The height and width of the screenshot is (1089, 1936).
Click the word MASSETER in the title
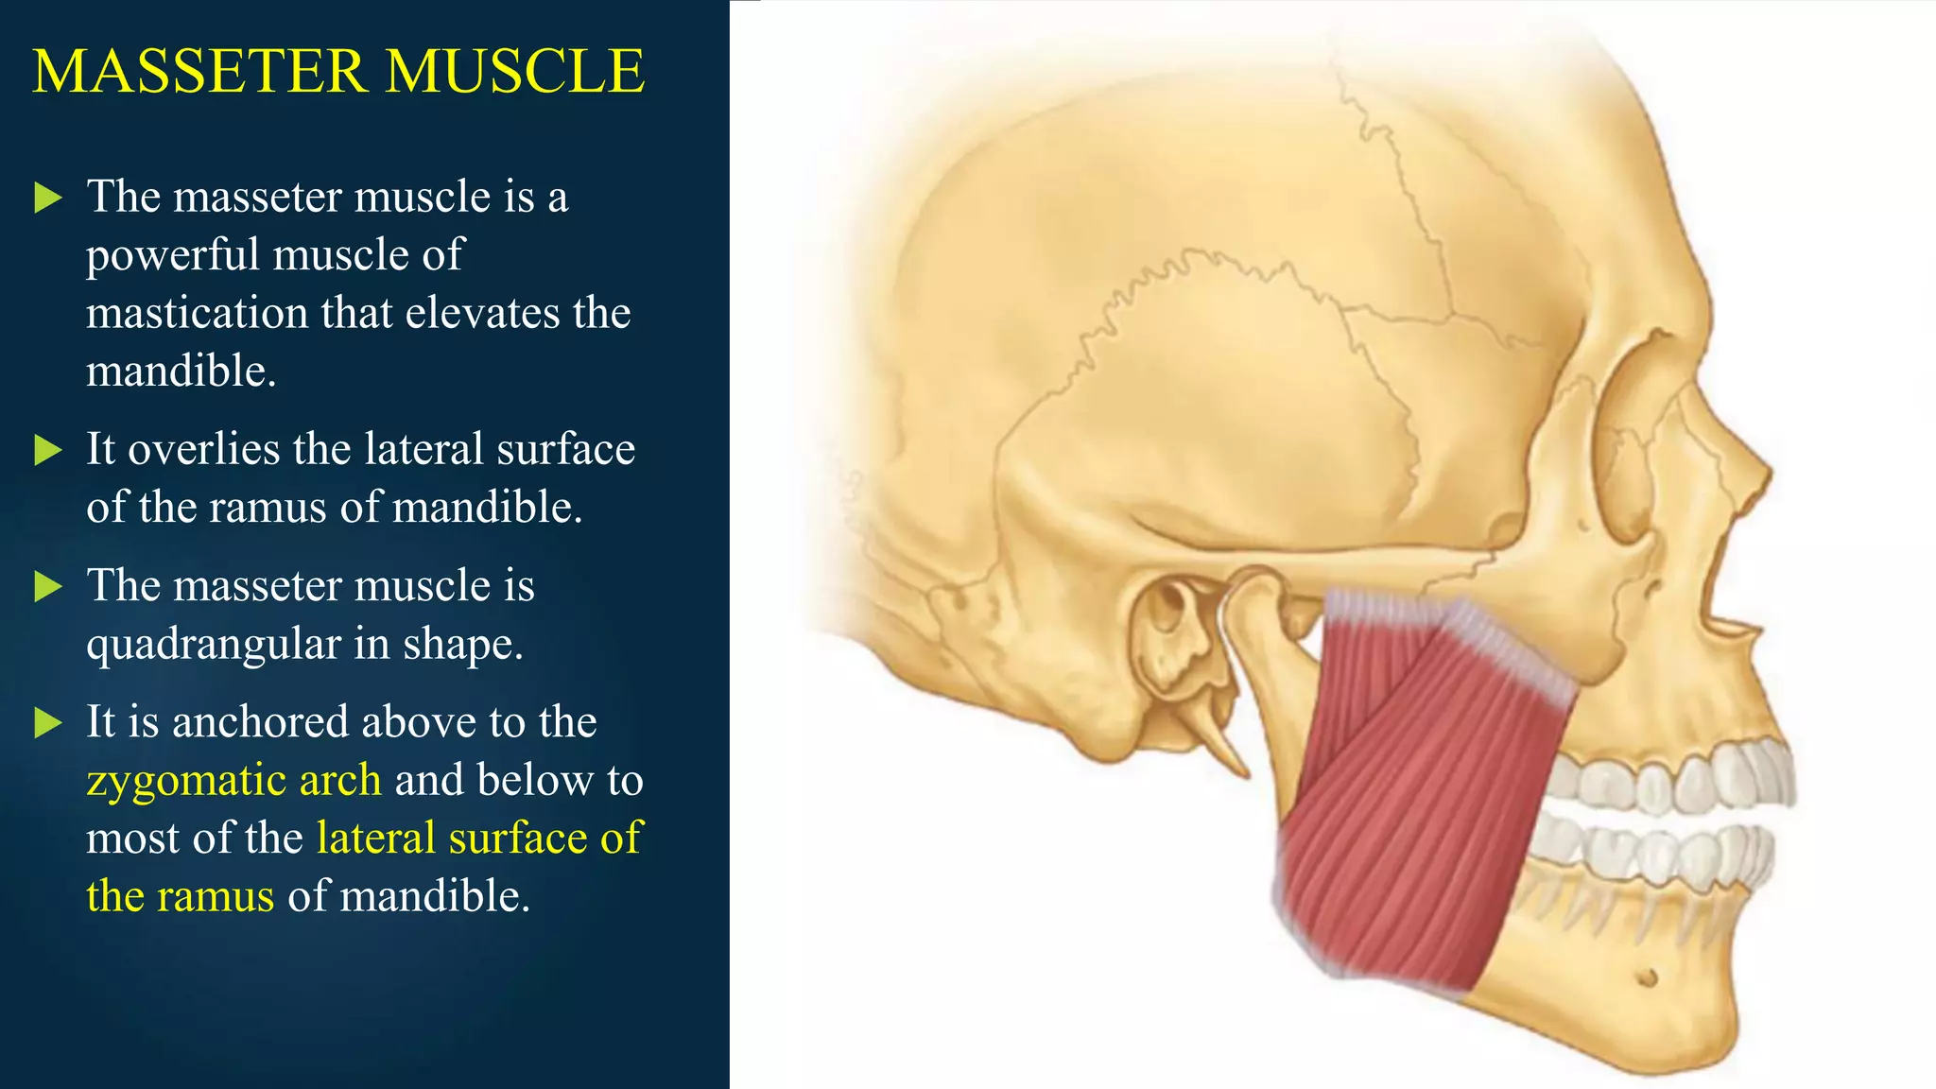[x=199, y=72]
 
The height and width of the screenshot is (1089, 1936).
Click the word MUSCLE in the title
[x=515, y=72]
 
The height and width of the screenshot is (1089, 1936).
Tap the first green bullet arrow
[x=47, y=198]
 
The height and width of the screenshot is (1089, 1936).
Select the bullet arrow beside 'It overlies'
[x=47, y=450]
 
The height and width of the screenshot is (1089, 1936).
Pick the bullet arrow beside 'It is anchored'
[x=47, y=723]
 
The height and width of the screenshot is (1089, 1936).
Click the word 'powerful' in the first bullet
[x=172, y=255]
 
